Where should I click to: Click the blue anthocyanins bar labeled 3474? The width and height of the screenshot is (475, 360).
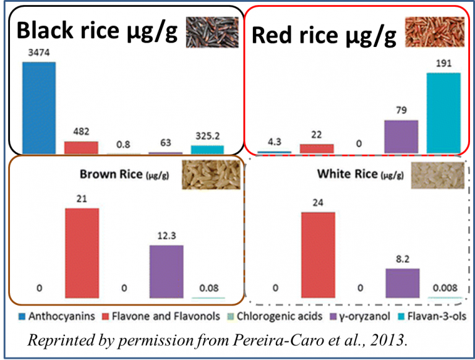point(39,107)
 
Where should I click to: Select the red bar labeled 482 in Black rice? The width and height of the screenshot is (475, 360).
point(81,147)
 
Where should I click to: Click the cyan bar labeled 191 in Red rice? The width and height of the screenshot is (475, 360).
point(444,112)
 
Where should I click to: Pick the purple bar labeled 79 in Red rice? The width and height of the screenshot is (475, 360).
point(401,135)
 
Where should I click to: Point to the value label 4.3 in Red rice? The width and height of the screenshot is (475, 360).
point(274,140)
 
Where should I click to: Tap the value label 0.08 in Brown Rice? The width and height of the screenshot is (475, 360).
point(208,288)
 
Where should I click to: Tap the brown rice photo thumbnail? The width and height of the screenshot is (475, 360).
point(210,173)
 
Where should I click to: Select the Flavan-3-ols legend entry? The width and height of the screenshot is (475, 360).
point(436,316)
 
